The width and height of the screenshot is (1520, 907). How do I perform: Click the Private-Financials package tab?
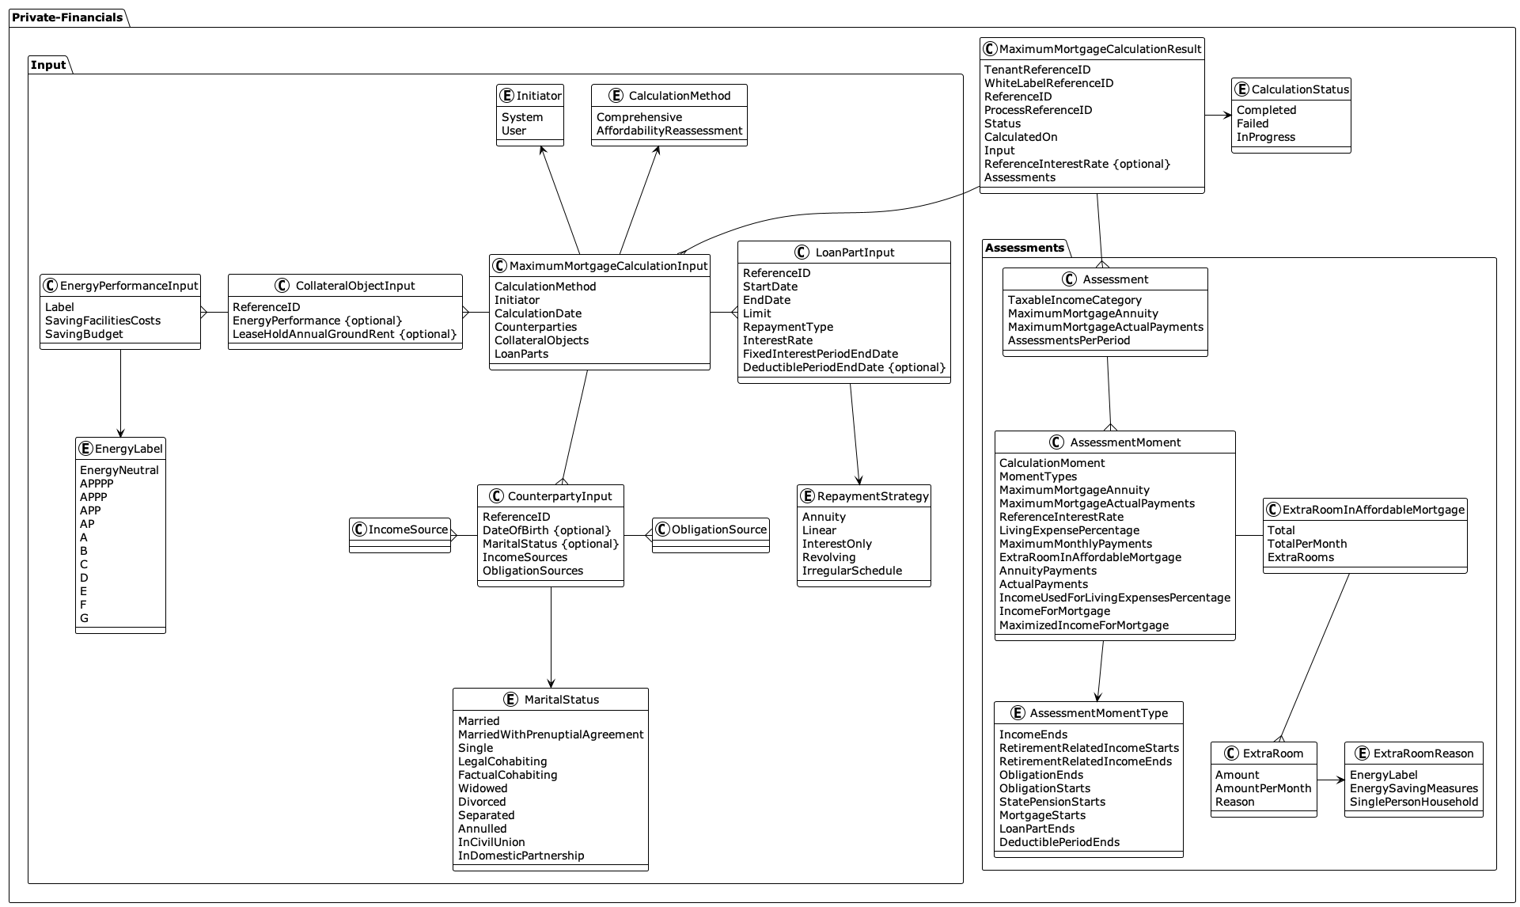pyautogui.click(x=67, y=17)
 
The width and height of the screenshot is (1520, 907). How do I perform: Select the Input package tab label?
pyautogui.click(x=48, y=65)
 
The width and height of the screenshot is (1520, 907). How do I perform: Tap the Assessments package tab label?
pyautogui.click(x=1025, y=248)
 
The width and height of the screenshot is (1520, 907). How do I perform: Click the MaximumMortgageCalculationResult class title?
pyautogui.click(x=1100, y=49)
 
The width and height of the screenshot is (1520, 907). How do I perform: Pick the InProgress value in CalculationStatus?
pyautogui.click(x=1265, y=137)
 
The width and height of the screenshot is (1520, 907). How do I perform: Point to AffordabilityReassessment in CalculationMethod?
pyautogui.click(x=669, y=131)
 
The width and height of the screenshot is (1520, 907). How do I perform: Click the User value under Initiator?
pyautogui.click(x=514, y=131)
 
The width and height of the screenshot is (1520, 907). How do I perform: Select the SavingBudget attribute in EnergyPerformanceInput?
pyautogui.click(x=84, y=334)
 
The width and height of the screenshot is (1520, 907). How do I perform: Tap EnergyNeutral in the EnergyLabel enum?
pyautogui.click(x=119, y=470)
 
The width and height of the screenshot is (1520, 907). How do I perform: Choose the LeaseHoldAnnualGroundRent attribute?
pyautogui.click(x=344, y=334)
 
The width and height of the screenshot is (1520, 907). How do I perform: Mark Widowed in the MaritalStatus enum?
pyautogui.click(x=483, y=788)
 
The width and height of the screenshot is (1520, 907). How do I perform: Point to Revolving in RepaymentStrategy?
pyautogui.click(x=828, y=557)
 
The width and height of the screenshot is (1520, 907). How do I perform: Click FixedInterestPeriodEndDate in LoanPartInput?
pyautogui.click(x=820, y=354)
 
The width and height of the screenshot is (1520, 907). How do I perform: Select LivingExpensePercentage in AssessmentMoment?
pyautogui.click(x=1069, y=530)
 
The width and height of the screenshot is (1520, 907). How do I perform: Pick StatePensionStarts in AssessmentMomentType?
pyautogui.click(x=1052, y=802)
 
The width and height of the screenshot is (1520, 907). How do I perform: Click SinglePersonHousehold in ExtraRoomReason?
pyautogui.click(x=1413, y=802)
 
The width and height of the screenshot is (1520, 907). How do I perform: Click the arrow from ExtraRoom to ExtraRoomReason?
pyautogui.click(x=1331, y=780)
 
